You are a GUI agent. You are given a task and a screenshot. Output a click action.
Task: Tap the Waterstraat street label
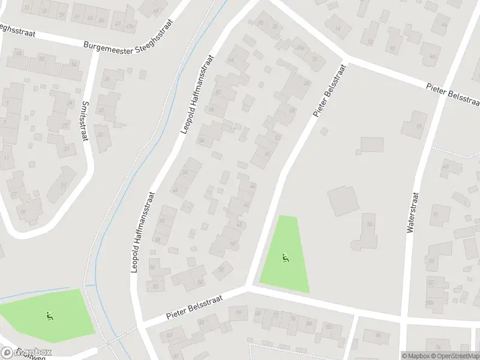coord(412,212)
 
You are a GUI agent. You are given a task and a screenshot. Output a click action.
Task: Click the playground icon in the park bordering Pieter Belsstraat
coord(285,259)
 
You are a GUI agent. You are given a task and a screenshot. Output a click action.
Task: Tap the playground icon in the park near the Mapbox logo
coord(49,315)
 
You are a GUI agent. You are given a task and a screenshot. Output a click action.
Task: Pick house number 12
coord(370,41)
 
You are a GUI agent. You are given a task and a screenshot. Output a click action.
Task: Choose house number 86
coord(379,335)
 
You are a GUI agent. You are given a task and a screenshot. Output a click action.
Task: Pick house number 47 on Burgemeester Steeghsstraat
coord(118,24)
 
